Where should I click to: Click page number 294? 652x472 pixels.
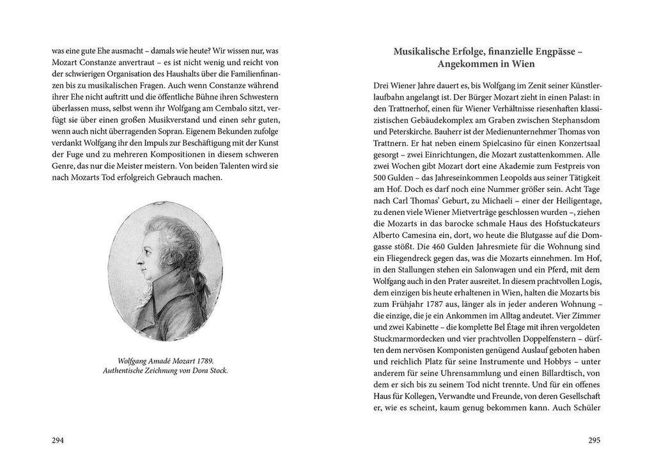point(58,441)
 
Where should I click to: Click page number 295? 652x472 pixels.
point(594,441)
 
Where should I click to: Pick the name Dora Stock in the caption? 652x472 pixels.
point(208,370)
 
